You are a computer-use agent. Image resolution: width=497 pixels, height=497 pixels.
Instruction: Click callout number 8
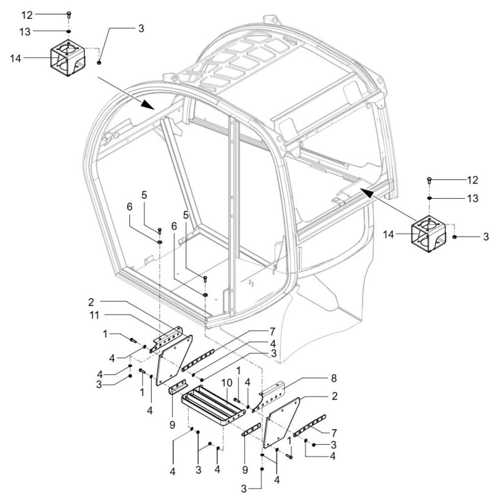point(333,378)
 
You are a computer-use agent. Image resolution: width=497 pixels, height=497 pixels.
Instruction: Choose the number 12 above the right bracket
point(472,178)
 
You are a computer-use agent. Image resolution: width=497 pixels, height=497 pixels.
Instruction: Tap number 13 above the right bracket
point(472,198)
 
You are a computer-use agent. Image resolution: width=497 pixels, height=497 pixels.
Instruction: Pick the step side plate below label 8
point(281,422)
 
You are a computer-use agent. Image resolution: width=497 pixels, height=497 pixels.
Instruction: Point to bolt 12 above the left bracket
point(69,14)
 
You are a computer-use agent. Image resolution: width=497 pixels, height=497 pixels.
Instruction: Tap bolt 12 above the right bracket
point(429,179)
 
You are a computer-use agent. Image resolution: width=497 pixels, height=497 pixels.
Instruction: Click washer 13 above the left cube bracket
point(69,31)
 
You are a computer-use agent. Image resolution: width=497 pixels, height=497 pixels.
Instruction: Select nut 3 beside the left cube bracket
point(99,63)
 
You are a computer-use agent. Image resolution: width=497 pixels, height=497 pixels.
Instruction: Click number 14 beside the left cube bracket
point(16,59)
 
